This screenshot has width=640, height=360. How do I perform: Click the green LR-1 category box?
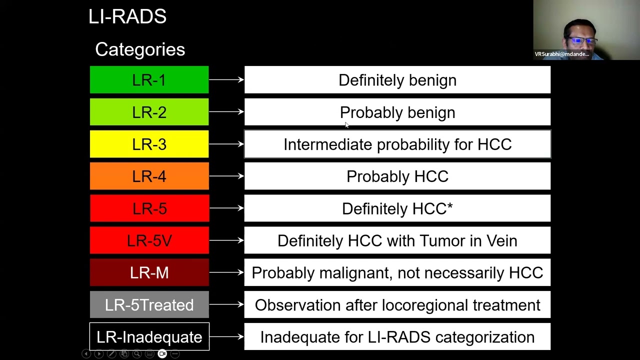(149, 80)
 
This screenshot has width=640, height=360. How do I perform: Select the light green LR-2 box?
(149, 112)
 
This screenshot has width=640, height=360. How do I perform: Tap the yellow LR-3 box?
(149, 144)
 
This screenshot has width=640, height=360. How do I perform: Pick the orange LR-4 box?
(149, 176)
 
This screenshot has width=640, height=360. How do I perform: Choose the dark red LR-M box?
(149, 272)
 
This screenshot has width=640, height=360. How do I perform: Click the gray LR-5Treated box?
(149, 304)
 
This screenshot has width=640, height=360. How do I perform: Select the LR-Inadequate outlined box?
(149, 337)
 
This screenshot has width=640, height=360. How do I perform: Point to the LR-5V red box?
(149, 240)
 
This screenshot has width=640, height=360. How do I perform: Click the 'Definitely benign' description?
(397, 80)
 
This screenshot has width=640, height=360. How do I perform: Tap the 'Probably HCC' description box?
(397, 176)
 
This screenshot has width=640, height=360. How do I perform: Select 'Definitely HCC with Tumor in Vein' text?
(397, 240)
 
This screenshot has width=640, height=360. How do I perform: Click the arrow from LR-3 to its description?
(226, 144)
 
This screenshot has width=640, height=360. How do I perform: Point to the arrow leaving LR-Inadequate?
(226, 336)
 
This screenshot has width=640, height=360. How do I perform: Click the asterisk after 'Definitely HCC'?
(450, 205)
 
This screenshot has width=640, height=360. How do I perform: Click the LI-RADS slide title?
(127, 16)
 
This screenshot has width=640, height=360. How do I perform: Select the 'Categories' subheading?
(140, 49)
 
